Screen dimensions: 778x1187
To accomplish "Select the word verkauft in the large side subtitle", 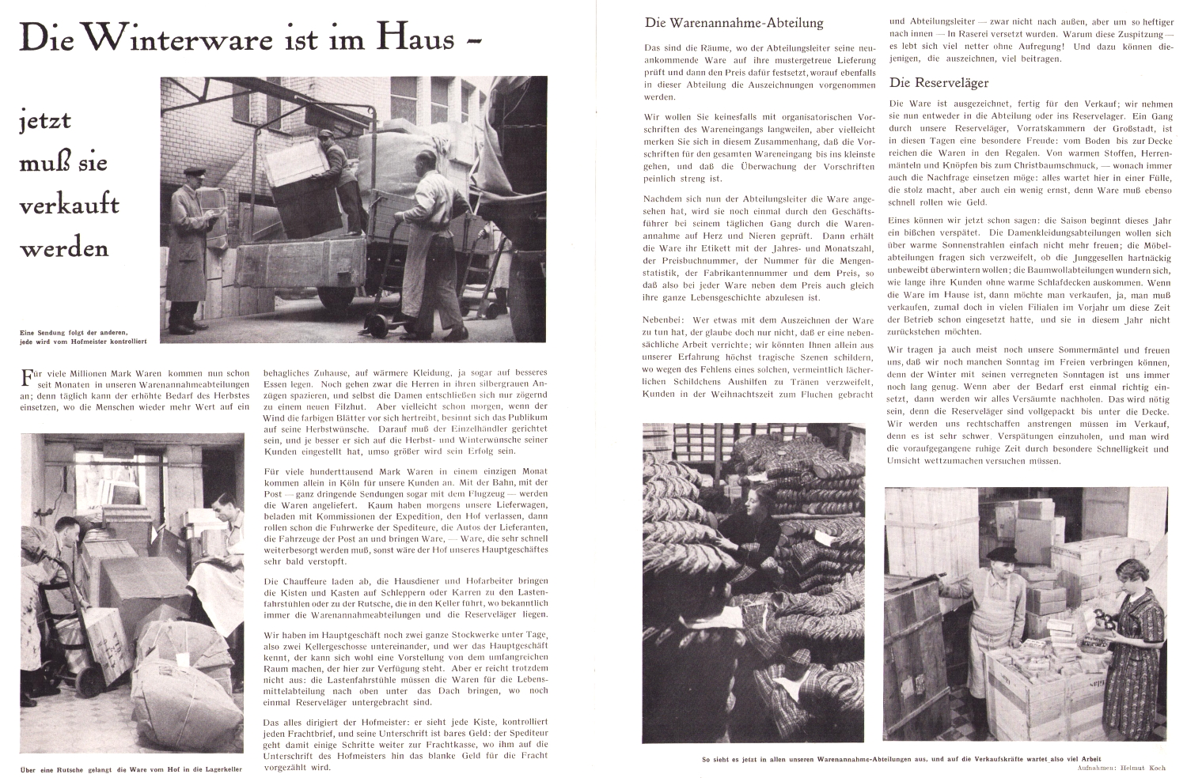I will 69,204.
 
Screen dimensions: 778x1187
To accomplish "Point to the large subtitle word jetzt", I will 45,120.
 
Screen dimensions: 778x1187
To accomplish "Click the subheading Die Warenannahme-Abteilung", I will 734,23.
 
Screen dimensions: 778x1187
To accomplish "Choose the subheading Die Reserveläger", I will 939,82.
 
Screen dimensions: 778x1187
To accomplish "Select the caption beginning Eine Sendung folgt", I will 79,336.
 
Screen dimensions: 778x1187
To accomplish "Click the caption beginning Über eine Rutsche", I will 131,768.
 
